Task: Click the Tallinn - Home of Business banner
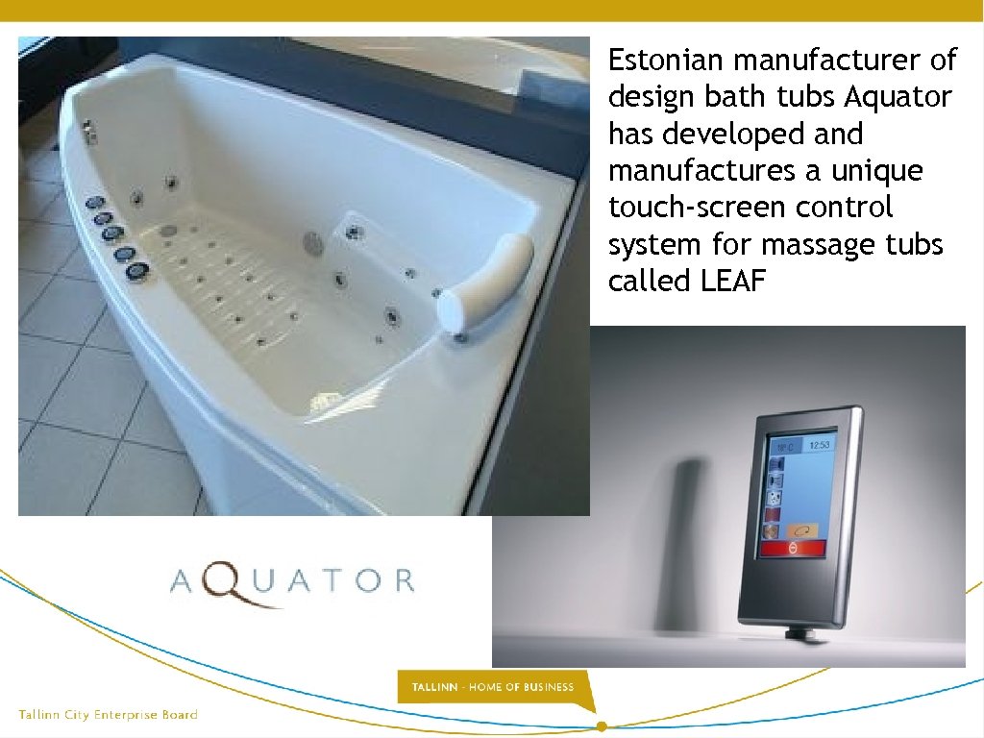coord(492,687)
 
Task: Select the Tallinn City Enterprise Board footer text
coord(109,715)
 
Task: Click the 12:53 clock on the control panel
coord(819,446)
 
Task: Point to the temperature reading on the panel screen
coord(785,447)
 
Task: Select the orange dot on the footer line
coord(602,726)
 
